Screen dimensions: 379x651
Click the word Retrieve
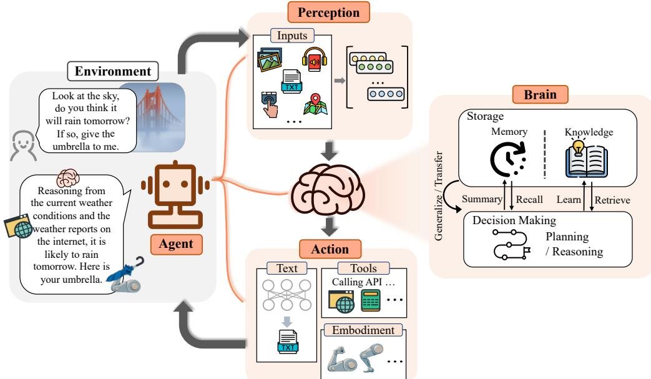(x=613, y=200)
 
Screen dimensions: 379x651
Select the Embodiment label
(x=362, y=329)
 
